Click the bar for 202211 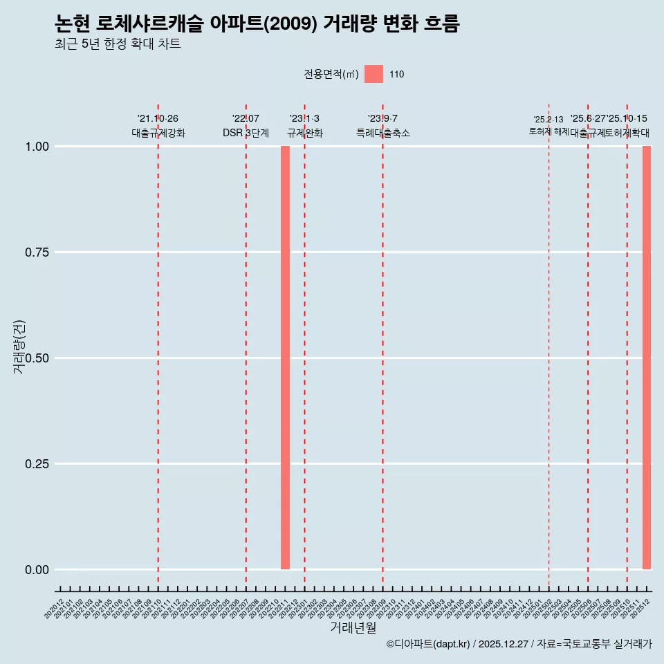(x=285, y=358)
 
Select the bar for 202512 (x=647, y=358)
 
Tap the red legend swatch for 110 (x=373, y=74)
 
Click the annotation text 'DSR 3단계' (x=246, y=133)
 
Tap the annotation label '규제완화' (x=305, y=133)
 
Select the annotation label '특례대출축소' (x=383, y=133)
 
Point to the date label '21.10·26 (x=158, y=119)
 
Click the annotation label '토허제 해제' (x=548, y=131)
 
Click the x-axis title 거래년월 (x=353, y=627)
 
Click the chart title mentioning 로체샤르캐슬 (x=257, y=24)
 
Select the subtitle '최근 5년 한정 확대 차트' (x=118, y=45)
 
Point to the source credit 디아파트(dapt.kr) (x=429, y=644)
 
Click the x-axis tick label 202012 (x=54, y=609)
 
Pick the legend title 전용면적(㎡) (x=331, y=74)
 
